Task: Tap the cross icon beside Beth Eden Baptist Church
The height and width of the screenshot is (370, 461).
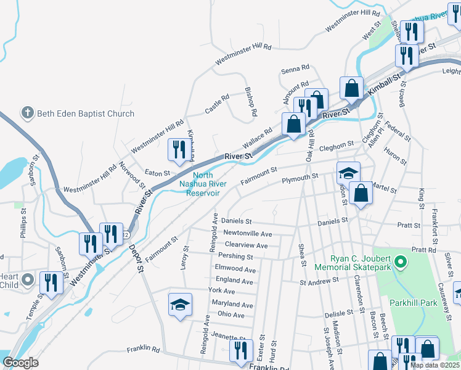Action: pyautogui.click(x=27, y=113)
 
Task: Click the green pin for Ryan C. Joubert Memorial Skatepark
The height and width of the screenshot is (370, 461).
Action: pyautogui.click(x=401, y=263)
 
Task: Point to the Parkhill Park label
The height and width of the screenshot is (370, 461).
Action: pyautogui.click(x=413, y=303)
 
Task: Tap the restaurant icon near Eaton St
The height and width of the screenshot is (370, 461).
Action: pyautogui.click(x=179, y=150)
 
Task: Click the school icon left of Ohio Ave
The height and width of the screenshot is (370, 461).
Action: pyautogui.click(x=181, y=305)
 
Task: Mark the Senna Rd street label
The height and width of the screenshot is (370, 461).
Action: pyautogui.click(x=295, y=68)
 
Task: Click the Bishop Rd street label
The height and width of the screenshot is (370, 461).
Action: pyautogui.click(x=251, y=104)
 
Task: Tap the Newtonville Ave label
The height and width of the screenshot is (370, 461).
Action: pyautogui.click(x=247, y=234)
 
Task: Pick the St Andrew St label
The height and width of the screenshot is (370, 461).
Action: pyautogui.click(x=320, y=282)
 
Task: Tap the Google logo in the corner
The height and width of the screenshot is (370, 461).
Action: pyautogui.click(x=20, y=362)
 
